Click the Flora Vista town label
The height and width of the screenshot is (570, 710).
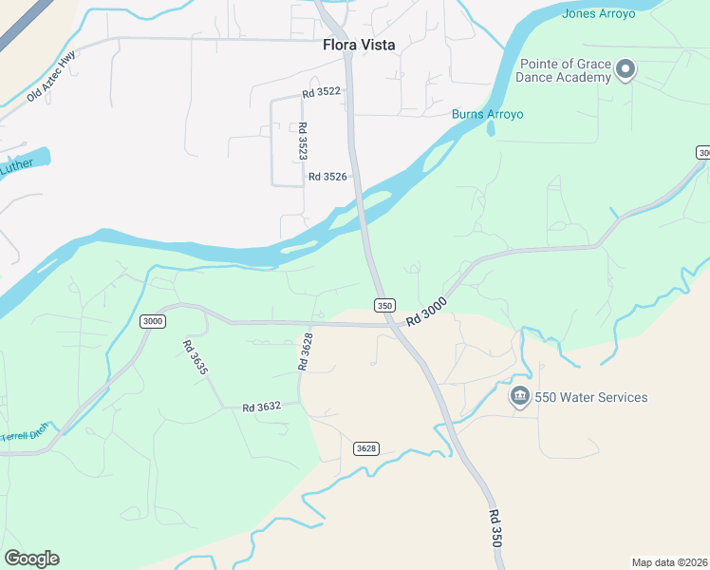pos(359,45)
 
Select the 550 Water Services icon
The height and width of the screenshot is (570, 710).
pos(519,397)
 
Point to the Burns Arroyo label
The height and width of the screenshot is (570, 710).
pos(487,114)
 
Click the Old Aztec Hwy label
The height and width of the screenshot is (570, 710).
pos(50,77)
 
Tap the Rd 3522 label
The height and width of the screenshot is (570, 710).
pos(321,93)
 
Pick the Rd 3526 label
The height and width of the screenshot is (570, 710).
pos(327,177)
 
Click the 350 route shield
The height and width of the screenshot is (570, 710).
pos(383,305)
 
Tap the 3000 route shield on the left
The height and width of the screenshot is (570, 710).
pos(152,321)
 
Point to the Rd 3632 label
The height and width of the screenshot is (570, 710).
pos(261,407)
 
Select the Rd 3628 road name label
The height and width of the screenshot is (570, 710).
pos(306,351)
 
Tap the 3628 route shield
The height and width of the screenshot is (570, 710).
pos(366,447)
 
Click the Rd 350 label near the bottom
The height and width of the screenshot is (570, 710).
pos(495,527)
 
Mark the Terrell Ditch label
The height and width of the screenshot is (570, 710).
pos(24,436)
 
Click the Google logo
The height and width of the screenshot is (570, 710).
pos(31,559)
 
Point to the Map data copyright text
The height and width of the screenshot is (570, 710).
pos(668,562)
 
